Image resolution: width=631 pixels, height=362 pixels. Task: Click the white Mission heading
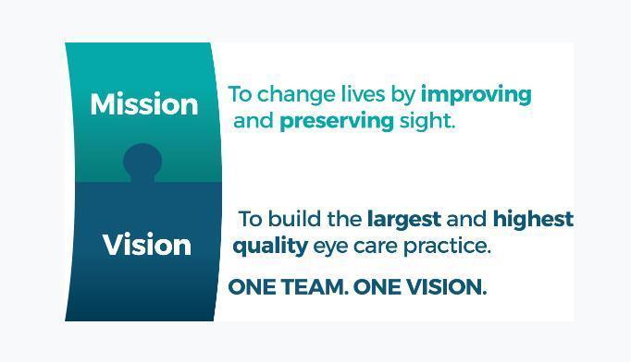point(143,104)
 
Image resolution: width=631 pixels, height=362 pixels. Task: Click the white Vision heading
point(146,245)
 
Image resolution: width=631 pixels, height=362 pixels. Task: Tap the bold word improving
point(476,94)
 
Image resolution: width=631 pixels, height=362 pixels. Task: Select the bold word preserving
point(337,121)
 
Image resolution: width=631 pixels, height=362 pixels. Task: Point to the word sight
point(427,121)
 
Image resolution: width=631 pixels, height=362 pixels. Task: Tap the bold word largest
point(403,220)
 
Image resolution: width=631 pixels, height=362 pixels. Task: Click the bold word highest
point(533,220)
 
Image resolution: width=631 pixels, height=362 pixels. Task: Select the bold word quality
point(269,247)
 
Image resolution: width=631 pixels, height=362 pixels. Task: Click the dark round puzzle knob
point(142,162)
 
